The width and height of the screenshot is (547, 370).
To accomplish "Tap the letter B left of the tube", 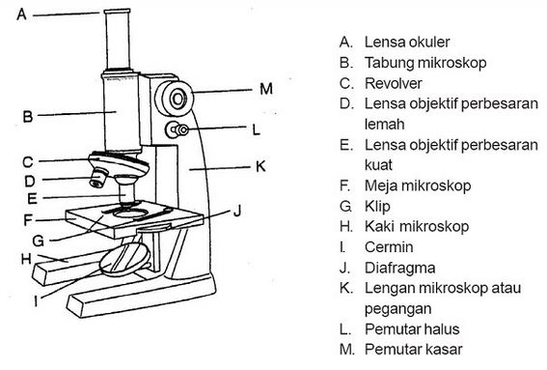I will tap(28, 117).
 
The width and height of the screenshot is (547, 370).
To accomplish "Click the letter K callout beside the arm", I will tap(260, 166).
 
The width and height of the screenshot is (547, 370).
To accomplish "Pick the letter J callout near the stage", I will tap(236, 208).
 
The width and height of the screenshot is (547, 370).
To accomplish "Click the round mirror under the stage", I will tap(126, 260).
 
